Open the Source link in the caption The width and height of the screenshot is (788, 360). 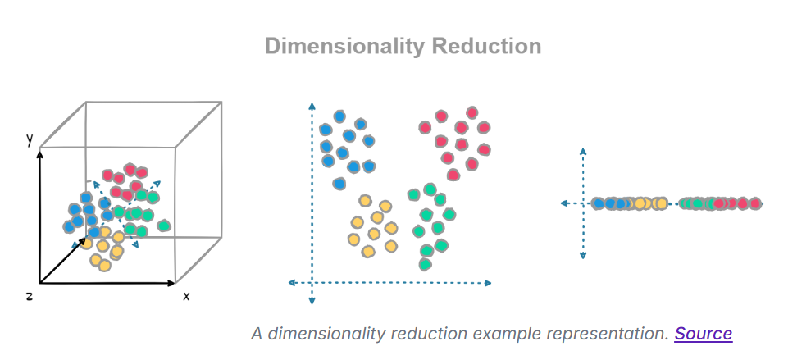[x=703, y=333]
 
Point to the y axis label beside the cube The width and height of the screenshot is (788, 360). [x=30, y=139]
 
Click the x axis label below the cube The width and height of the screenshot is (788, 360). [x=186, y=296]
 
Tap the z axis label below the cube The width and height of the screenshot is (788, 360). [x=29, y=295]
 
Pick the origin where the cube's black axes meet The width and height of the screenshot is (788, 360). [x=39, y=284]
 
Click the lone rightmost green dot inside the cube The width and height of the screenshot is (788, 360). [x=163, y=225]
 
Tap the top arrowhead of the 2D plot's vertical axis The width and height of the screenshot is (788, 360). [x=312, y=106]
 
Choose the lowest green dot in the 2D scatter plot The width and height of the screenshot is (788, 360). [x=425, y=264]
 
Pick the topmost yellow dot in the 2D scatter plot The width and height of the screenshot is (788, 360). [x=364, y=201]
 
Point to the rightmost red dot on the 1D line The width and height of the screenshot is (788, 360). [x=755, y=203]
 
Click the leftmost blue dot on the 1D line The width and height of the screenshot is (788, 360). [x=598, y=203]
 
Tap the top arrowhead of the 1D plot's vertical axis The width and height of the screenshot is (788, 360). [x=583, y=151]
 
